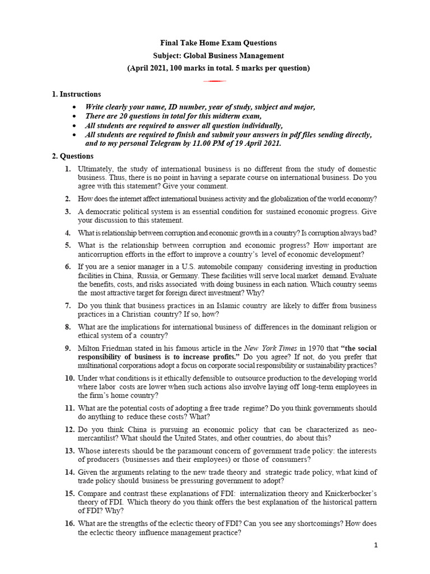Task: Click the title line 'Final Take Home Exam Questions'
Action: click(x=218, y=43)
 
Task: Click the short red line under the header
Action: click(x=214, y=81)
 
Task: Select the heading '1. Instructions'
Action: click(x=77, y=94)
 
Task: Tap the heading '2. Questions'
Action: click(x=73, y=156)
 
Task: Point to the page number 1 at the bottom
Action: click(x=376, y=545)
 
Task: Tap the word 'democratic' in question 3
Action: click(x=104, y=211)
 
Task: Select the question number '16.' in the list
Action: click(x=69, y=524)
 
